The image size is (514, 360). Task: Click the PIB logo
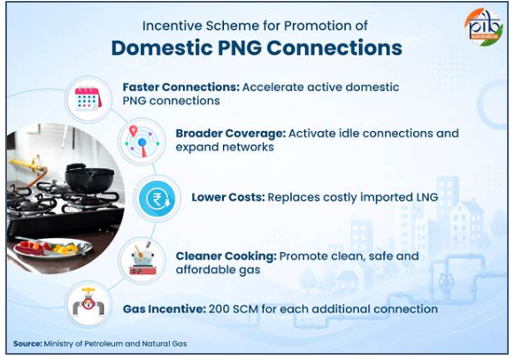pos(484,27)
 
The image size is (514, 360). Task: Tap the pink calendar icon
pos(88,99)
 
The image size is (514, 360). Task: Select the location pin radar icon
pos(142,142)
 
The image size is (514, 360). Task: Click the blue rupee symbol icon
pos(157,198)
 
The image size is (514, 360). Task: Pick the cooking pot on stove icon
pos(142,259)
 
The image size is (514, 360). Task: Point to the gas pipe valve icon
pos(88,303)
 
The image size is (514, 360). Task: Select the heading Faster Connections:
pos(181,88)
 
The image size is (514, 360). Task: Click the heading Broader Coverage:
pos(231,134)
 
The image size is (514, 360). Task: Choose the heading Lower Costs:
pos(228,197)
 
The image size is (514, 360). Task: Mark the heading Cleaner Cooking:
pos(226,256)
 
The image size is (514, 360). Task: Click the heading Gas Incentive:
pos(165,309)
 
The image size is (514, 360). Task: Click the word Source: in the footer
pos(27,344)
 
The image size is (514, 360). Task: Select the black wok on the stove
pos(89,177)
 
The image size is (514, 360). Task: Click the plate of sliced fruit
pos(52,248)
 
